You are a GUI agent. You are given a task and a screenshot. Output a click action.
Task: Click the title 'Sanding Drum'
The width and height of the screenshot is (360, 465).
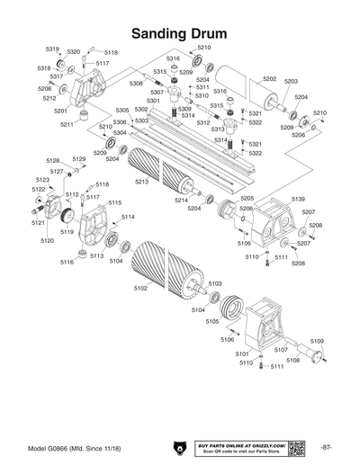click(x=179, y=33)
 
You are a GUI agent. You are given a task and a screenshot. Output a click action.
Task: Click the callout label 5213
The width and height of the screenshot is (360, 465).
click(x=141, y=182)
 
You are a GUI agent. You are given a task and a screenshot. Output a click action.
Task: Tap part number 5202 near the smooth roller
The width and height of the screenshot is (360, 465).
click(x=268, y=79)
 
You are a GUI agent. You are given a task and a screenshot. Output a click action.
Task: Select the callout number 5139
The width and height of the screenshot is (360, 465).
click(x=298, y=199)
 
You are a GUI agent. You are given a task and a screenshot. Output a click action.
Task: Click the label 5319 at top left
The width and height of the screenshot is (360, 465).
click(x=52, y=49)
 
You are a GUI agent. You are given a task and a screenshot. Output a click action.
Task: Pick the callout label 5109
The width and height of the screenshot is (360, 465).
click(x=317, y=341)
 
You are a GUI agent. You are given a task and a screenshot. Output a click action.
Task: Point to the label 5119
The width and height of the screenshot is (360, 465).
click(x=67, y=232)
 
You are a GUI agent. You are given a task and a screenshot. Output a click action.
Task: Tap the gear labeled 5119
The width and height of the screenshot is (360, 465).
click(x=66, y=217)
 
